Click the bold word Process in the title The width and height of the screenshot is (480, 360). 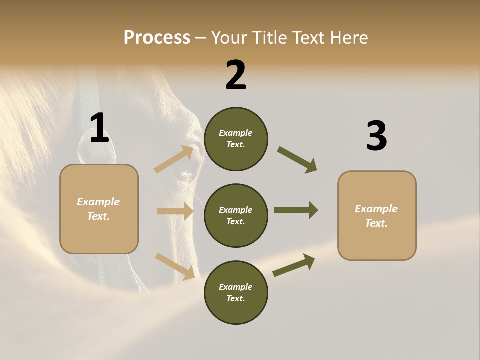point(157,38)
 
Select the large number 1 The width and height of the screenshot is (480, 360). point(99,129)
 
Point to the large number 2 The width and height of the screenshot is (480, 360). point(236,76)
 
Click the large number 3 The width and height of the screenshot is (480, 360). point(376,137)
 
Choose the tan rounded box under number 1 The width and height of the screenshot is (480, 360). point(99,209)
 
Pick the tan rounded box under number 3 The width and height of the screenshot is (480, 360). point(377,216)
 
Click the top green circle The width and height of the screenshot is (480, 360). point(236,139)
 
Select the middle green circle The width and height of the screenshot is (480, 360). point(236,215)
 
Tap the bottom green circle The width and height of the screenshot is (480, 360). point(236,292)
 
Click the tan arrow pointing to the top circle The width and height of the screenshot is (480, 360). point(174,159)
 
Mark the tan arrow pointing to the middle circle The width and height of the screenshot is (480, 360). point(175,211)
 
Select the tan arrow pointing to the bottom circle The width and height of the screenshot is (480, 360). point(175,266)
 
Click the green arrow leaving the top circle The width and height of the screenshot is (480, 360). point(297,159)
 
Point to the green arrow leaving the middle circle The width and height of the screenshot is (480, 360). point(295,210)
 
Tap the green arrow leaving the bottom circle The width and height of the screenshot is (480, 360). point(294,265)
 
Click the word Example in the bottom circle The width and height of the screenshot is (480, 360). point(235,287)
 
